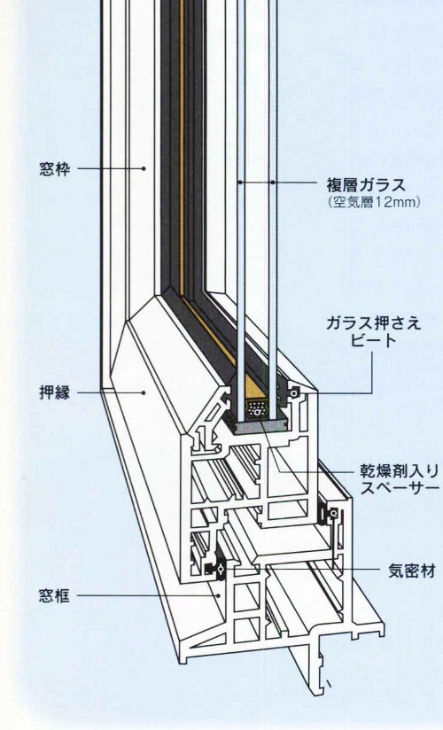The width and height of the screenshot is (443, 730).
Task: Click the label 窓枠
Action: pyautogui.click(x=55, y=169)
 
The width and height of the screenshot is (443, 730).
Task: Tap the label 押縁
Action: pyautogui.click(x=55, y=393)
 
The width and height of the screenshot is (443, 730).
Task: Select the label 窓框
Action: pyautogui.click(x=55, y=595)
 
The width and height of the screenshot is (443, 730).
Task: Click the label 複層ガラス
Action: pyautogui.click(x=366, y=185)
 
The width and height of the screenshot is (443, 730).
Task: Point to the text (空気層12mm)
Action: pyautogui.click(x=375, y=203)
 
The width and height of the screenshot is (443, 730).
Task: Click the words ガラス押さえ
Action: pyautogui.click(x=373, y=322)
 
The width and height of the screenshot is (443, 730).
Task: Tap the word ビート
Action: pyautogui.click(x=373, y=341)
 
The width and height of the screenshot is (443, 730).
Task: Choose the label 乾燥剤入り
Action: pyautogui.click(x=400, y=470)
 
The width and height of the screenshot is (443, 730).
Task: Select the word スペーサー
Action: pyautogui.click(x=400, y=487)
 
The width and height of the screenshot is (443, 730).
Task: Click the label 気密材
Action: pyautogui.click(x=412, y=571)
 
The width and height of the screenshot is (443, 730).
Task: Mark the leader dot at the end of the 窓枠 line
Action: pyautogui.click(x=144, y=168)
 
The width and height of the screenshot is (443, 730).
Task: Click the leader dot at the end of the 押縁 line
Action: pyautogui.click(x=144, y=392)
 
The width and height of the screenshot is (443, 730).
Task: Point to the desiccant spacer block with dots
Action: pyautogui.click(x=256, y=409)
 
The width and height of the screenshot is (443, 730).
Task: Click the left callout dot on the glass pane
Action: pyautogui.click(x=240, y=182)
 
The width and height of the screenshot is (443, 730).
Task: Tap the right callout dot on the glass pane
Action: pyautogui.click(x=272, y=182)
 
